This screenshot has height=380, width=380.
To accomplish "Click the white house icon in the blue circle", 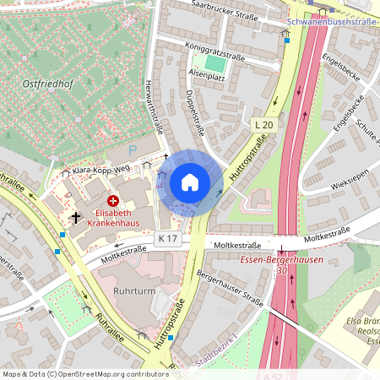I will [190, 182].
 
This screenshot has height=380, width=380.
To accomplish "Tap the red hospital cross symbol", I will [112, 200].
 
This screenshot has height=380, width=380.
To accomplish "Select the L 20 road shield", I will [264, 125].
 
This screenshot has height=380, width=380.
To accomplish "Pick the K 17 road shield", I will [168, 239].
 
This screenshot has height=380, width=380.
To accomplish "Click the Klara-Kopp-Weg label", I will [99, 170].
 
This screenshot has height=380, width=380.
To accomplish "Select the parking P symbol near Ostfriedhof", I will [132, 150].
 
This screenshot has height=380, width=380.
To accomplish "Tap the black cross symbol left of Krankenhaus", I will [76, 217].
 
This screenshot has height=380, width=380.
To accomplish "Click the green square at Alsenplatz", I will [216, 63].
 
